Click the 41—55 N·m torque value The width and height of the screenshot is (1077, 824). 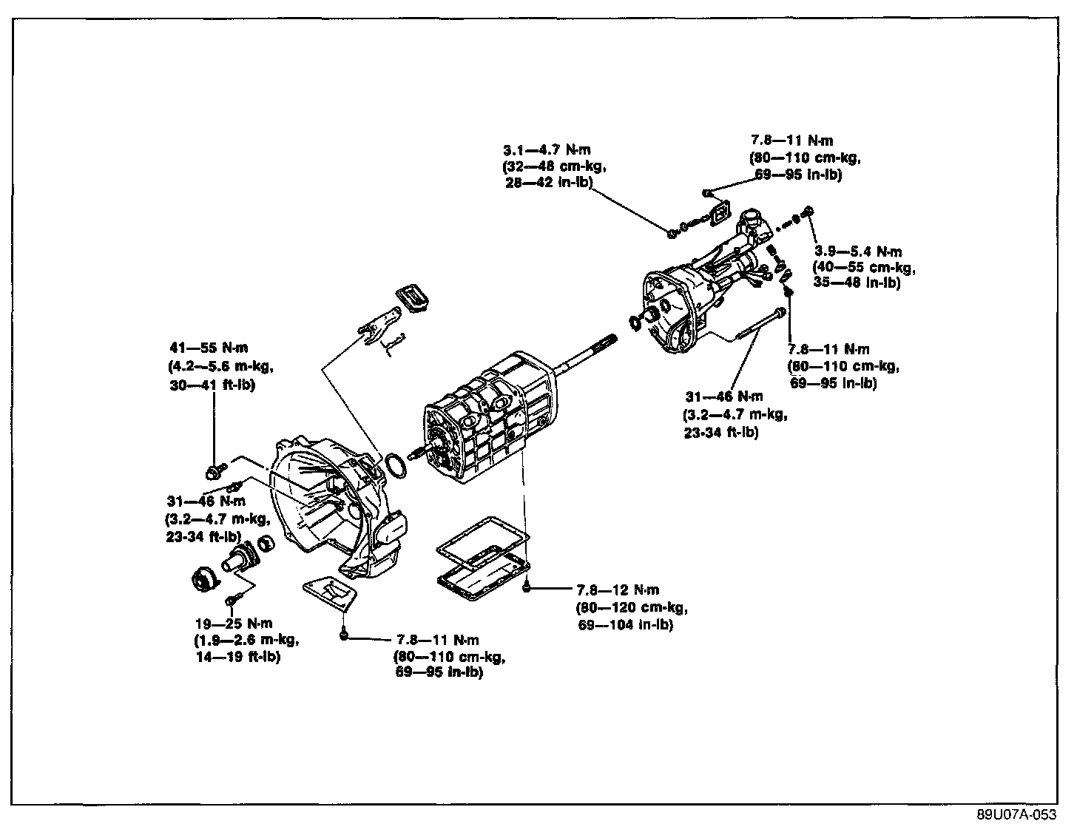(209, 348)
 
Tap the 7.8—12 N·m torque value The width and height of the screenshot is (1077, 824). (618, 590)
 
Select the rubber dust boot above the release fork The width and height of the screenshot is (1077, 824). (414, 297)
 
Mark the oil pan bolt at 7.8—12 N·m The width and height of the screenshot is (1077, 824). (526, 589)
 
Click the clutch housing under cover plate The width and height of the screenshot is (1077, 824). (330, 592)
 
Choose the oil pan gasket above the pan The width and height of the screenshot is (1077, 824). (481, 541)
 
